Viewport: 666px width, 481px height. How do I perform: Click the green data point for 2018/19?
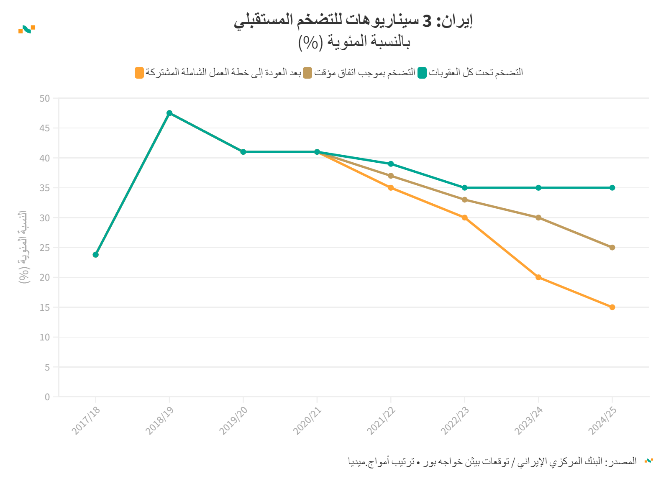pos(169,113)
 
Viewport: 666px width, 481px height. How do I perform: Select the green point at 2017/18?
pos(96,254)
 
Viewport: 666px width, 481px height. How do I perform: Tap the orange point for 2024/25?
pos(612,307)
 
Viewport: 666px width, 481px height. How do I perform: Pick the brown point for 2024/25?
pos(612,248)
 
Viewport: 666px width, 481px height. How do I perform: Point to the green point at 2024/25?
pos(612,188)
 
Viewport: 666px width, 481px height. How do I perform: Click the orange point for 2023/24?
pos(538,277)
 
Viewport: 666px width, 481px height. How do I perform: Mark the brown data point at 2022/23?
pos(464,200)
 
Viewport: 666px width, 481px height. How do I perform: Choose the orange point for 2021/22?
pos(391,188)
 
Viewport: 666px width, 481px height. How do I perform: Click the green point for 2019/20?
pos(243,152)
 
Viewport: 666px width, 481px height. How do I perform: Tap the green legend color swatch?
pos(422,73)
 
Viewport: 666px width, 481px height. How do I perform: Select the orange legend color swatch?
pos(139,73)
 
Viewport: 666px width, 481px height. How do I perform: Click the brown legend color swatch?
pos(307,73)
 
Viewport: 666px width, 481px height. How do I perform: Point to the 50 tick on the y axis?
pos(45,99)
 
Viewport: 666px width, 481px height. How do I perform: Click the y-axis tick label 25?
pos(45,248)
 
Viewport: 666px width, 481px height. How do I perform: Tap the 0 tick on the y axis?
pos(47,397)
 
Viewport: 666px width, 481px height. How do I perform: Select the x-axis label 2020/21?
pos(307,420)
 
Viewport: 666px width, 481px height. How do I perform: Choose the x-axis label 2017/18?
pos(86,420)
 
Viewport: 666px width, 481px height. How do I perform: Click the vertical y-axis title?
pos(23,247)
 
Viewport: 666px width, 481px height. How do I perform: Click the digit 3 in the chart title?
pos(427,20)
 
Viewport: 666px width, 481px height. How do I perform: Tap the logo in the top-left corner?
pos(27,29)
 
